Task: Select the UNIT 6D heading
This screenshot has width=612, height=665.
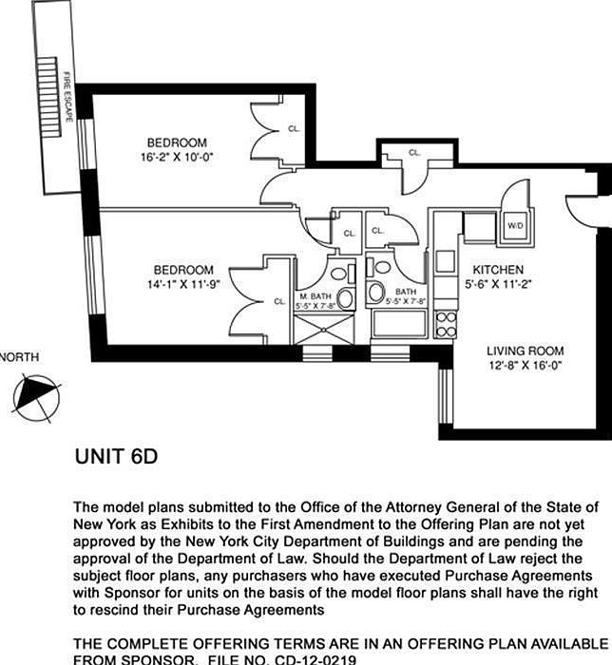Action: (115, 457)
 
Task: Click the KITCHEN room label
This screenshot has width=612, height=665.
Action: (498, 270)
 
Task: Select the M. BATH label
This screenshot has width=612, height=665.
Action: (313, 295)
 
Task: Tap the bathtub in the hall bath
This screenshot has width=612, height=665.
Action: (399, 324)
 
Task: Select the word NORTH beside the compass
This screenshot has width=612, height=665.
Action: (20, 357)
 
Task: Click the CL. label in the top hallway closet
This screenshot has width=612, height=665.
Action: (415, 152)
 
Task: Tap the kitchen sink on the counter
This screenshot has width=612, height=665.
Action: (445, 261)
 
